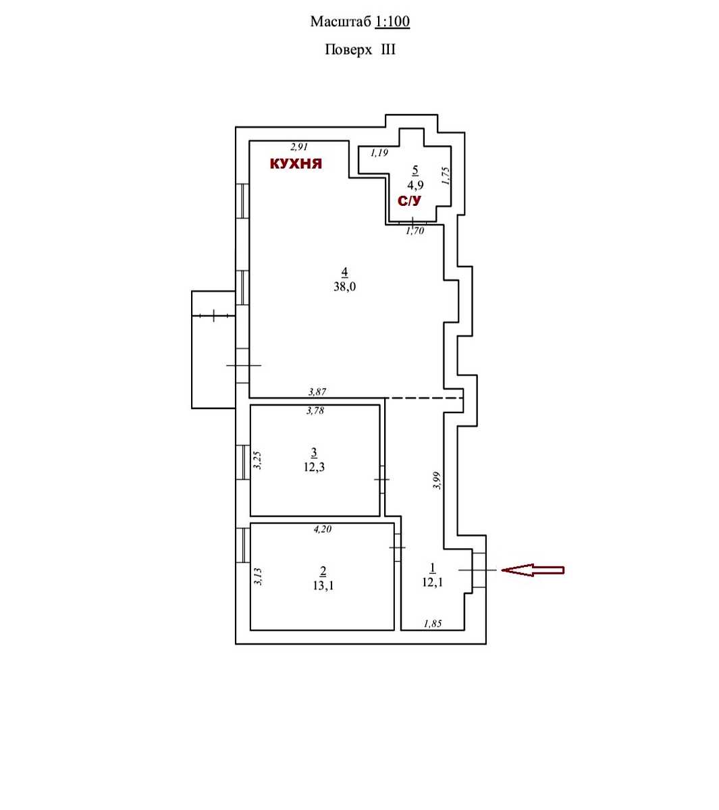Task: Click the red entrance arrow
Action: (x=532, y=570)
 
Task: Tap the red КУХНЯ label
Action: (x=296, y=163)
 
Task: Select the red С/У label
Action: (x=410, y=200)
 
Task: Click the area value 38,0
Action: (x=345, y=286)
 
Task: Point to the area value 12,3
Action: (x=314, y=467)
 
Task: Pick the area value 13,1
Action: (x=323, y=586)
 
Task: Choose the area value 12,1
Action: (x=432, y=582)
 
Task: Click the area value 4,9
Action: (x=415, y=185)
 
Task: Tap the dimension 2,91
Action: (x=299, y=146)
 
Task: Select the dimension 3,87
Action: (x=317, y=391)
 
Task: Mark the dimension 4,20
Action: (x=322, y=529)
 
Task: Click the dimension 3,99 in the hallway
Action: (x=437, y=480)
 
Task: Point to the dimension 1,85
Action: (x=433, y=624)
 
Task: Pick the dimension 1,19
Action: (x=379, y=153)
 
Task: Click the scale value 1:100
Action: (x=392, y=21)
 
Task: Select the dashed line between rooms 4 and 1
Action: (x=423, y=398)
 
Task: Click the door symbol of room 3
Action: (x=382, y=479)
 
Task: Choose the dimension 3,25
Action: (x=257, y=460)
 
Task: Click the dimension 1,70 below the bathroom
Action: (x=415, y=231)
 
